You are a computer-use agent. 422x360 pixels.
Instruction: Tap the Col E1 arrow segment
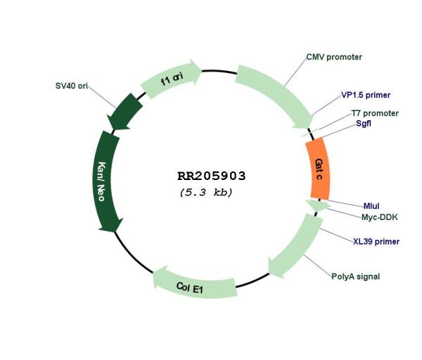[x=193, y=283]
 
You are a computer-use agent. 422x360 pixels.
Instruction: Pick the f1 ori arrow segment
[x=172, y=82]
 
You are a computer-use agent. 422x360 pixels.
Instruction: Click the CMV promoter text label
[x=334, y=57]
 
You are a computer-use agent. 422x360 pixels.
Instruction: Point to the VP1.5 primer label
[x=365, y=95]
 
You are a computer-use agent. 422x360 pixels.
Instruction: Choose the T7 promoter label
[x=374, y=113]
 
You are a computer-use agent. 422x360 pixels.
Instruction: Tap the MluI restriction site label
[x=371, y=206]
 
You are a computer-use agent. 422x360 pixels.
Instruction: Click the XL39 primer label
[x=376, y=242]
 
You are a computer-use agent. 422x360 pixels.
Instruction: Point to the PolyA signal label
[x=355, y=276]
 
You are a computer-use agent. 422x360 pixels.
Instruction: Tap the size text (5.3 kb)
[x=206, y=192]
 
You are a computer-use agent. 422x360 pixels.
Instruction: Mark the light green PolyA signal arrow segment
[x=293, y=246]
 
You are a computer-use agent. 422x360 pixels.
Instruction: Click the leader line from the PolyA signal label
[x=318, y=263]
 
